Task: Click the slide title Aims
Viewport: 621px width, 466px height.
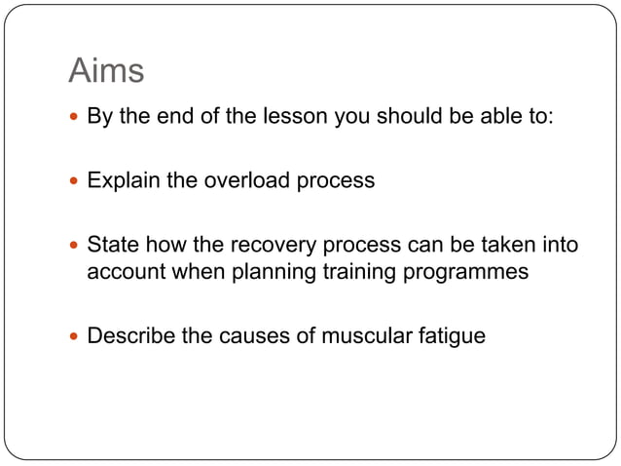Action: [x=106, y=71]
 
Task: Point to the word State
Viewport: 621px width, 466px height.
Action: [x=113, y=244]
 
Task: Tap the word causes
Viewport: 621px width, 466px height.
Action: [x=254, y=336]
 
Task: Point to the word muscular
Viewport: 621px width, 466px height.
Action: [x=366, y=336]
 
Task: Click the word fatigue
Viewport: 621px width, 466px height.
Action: [x=451, y=336]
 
